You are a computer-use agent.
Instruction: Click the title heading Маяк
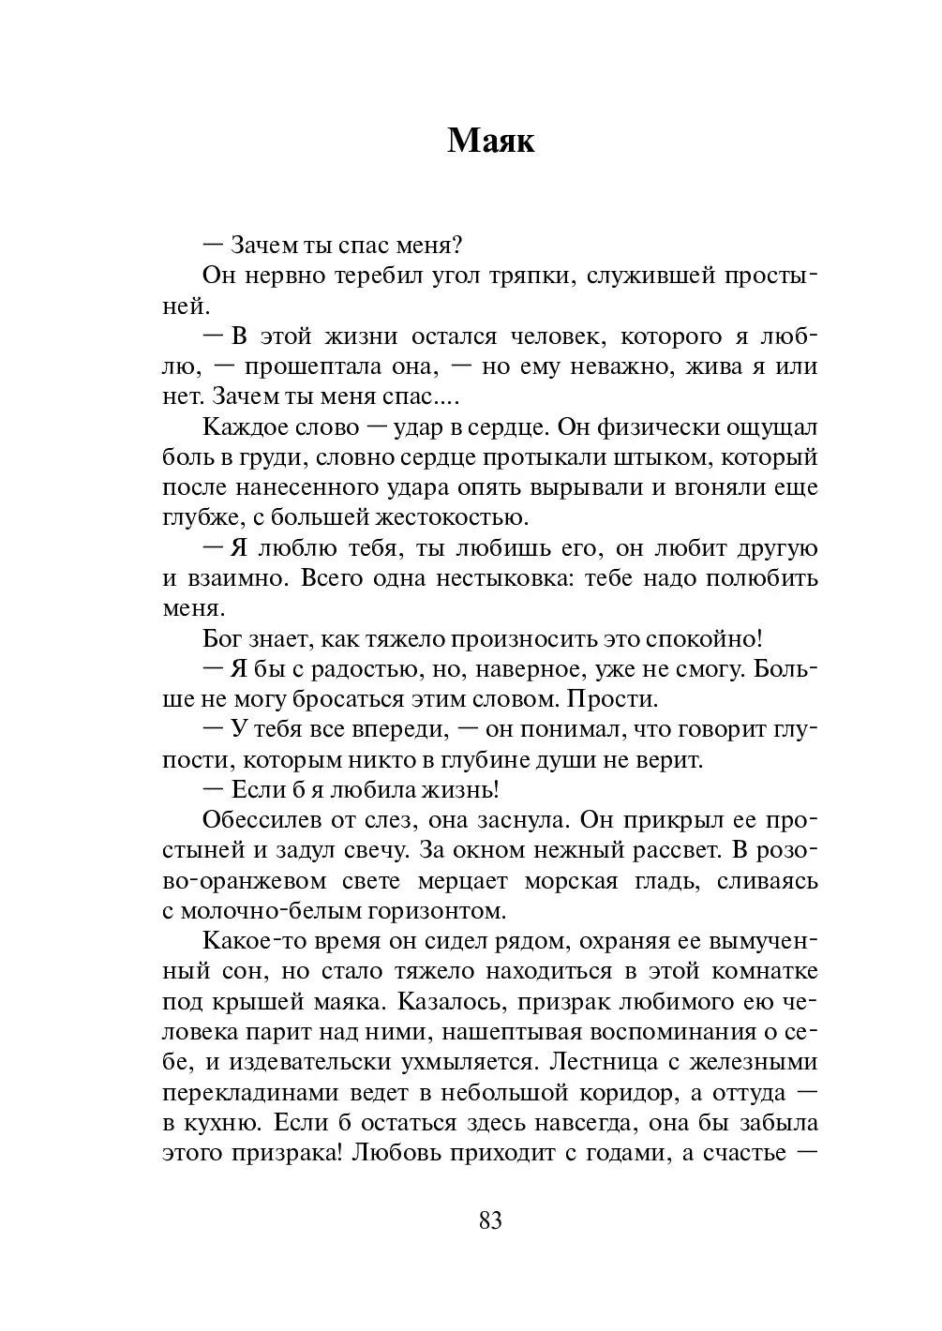pyautogui.click(x=490, y=141)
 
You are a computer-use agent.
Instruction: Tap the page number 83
pyautogui.click(x=490, y=1220)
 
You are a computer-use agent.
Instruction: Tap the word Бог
pyautogui.click(x=221, y=639)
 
